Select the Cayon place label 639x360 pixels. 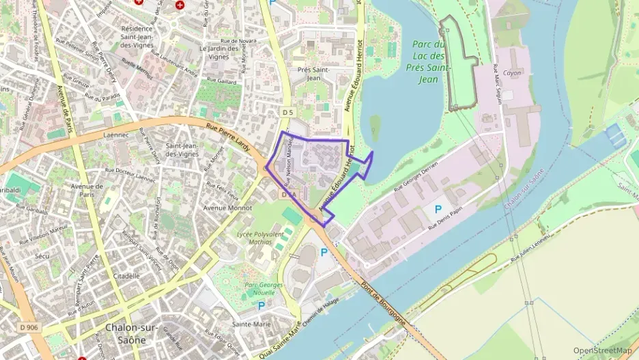tap(511, 73)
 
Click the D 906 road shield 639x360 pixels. tap(29, 328)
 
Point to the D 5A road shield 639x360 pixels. tap(287, 195)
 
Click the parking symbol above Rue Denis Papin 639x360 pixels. tap(438, 208)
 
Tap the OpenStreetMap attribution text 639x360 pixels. tap(602, 350)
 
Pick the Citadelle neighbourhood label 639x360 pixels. tap(127, 276)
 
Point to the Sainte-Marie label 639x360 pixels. tap(252, 324)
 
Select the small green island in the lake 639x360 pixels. tap(375, 128)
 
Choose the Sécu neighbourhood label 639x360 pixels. tap(42, 256)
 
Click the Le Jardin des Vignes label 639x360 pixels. tap(221, 53)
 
